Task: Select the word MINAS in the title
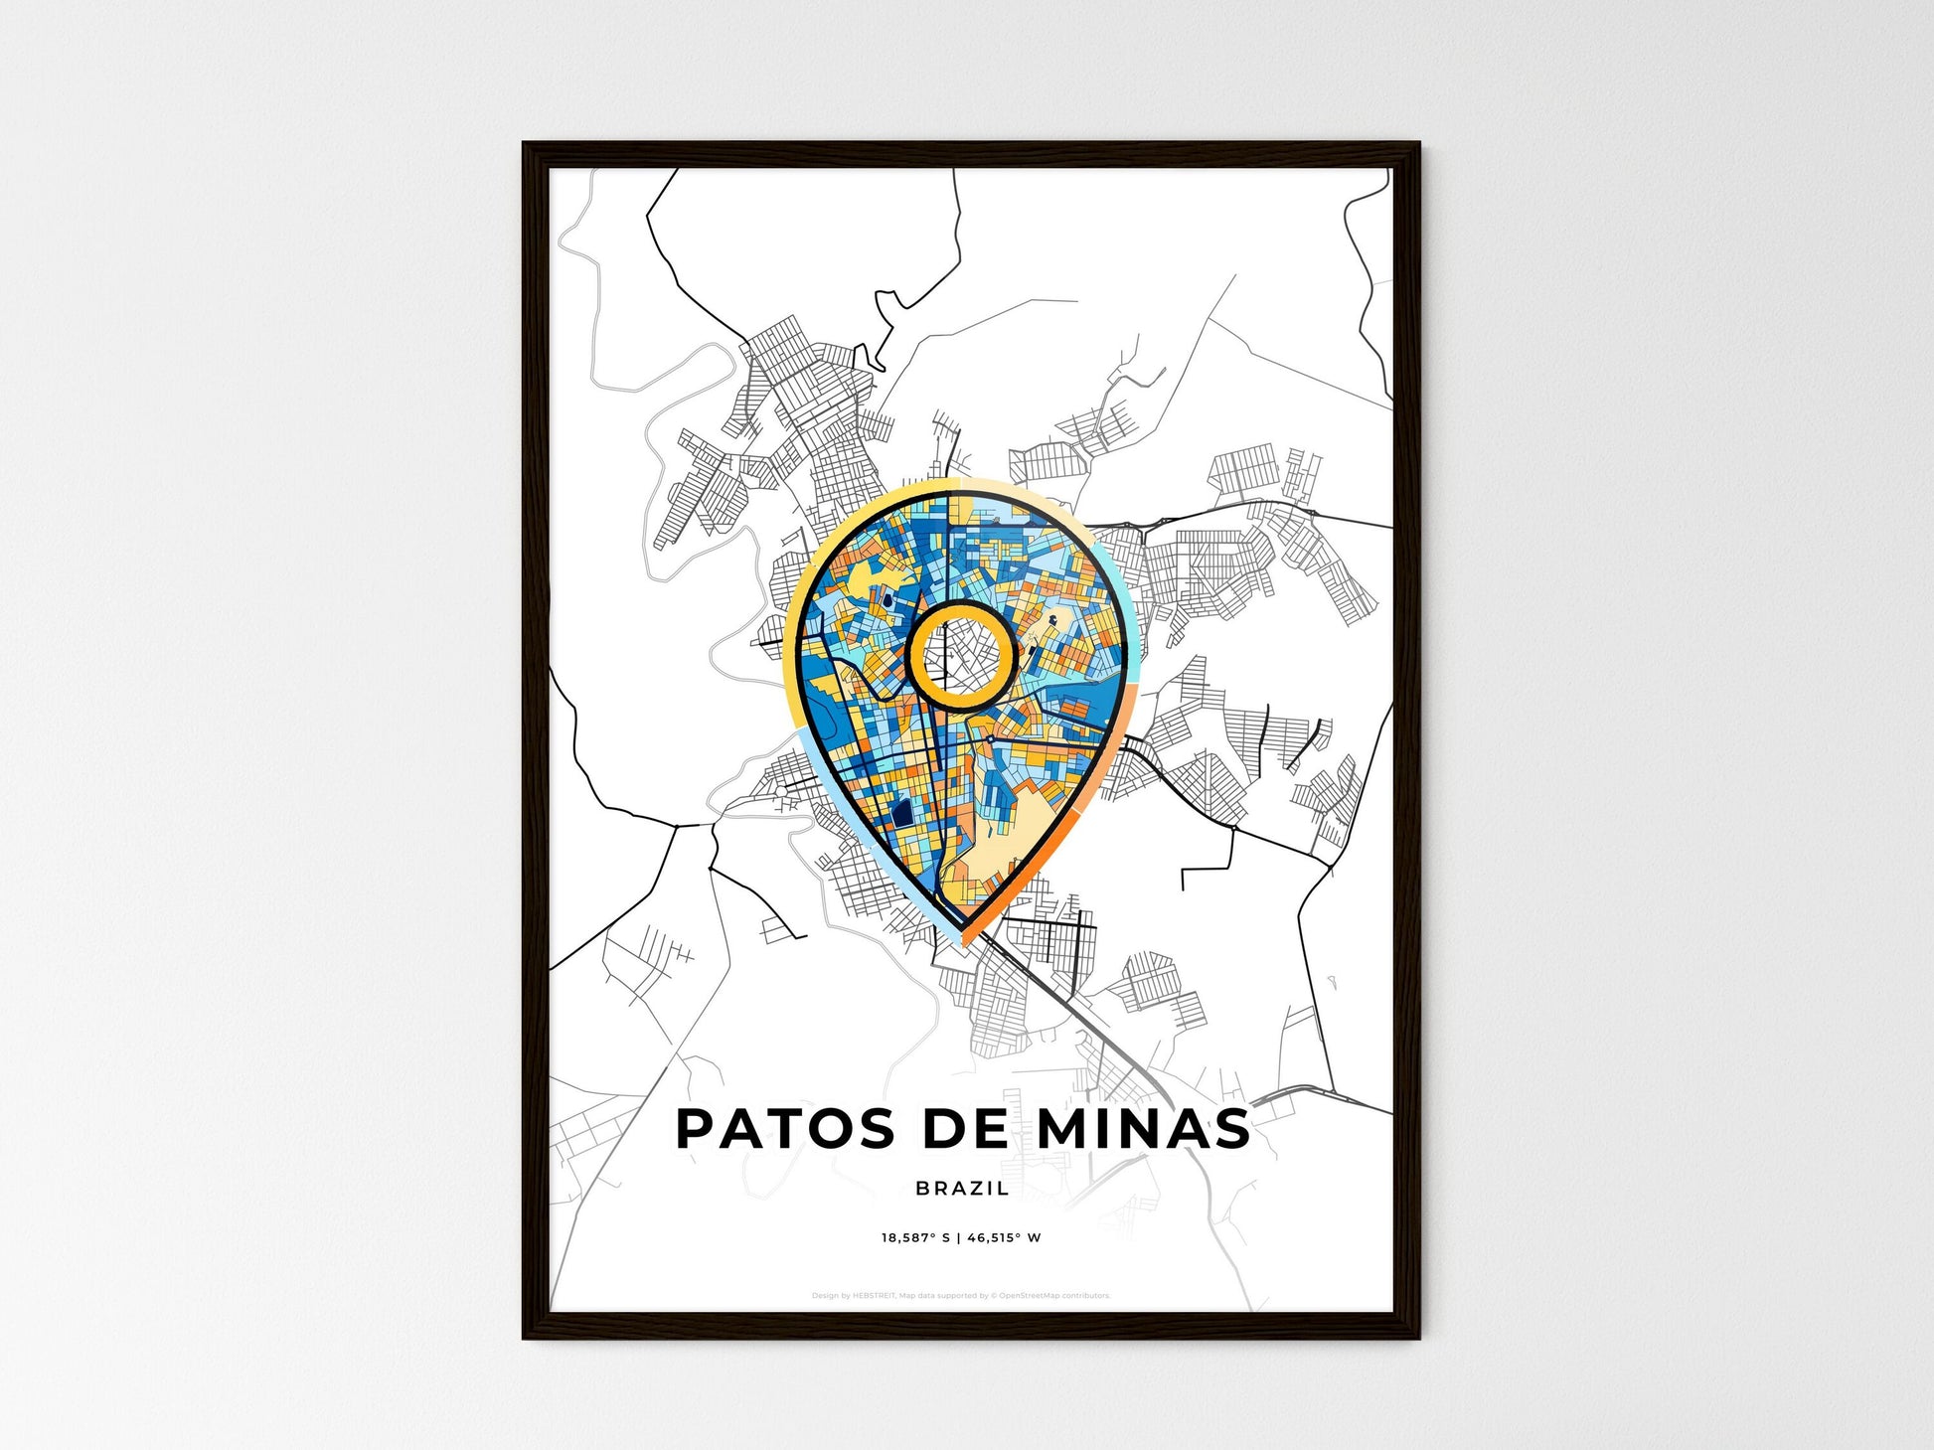1143,1129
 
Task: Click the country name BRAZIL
962,1188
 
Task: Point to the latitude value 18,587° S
915,1238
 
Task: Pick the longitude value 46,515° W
1004,1238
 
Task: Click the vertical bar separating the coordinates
958,1238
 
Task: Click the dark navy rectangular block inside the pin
902,816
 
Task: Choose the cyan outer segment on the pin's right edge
1123,616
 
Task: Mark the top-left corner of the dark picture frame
525,144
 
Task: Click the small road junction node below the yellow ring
991,740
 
